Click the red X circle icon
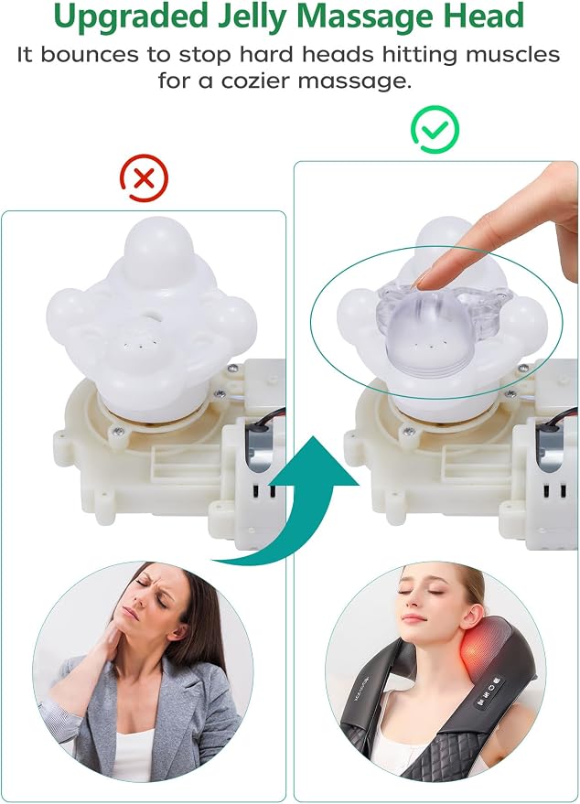145,178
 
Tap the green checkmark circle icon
435,129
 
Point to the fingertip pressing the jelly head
423,280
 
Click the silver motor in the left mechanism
260,451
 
